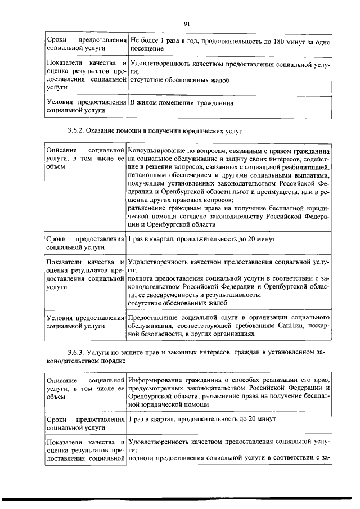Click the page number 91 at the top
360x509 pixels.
[x=186, y=23]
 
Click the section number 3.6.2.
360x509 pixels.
[x=75, y=130]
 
